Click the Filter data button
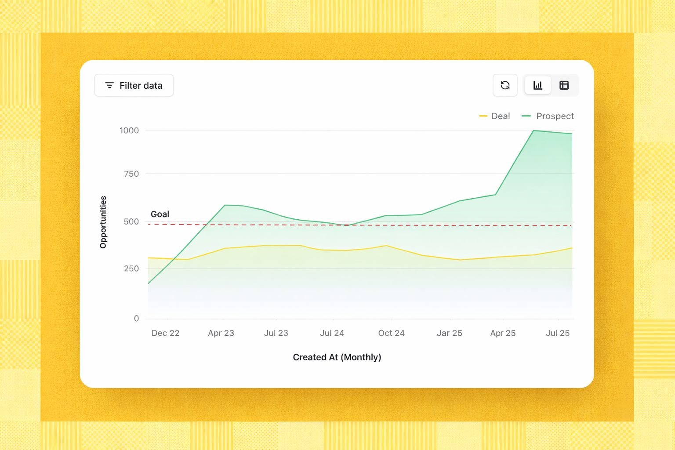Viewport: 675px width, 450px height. tap(134, 85)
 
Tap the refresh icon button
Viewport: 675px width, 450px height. tap(505, 85)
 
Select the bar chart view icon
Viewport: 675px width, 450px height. tap(538, 85)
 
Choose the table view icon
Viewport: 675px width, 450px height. tap(564, 85)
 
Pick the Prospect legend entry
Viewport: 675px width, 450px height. tap(548, 116)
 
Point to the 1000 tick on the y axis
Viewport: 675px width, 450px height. tap(129, 131)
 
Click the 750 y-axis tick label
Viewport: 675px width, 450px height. tap(131, 174)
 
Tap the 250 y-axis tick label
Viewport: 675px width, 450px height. tap(131, 269)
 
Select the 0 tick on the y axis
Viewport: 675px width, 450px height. tap(136, 319)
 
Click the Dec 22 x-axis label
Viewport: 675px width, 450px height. tap(165, 333)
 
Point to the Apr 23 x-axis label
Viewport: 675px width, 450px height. tap(221, 333)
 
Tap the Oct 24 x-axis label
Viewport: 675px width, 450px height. tap(391, 333)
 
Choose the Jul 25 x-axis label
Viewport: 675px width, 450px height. tap(558, 333)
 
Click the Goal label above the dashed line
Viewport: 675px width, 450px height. tap(160, 214)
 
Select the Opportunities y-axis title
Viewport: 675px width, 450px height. tap(103, 222)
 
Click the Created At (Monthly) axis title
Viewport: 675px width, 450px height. tap(337, 357)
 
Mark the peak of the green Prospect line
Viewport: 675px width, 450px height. tap(533, 131)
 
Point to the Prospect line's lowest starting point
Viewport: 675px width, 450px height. tap(149, 283)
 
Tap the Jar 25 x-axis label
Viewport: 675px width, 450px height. tap(449, 333)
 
